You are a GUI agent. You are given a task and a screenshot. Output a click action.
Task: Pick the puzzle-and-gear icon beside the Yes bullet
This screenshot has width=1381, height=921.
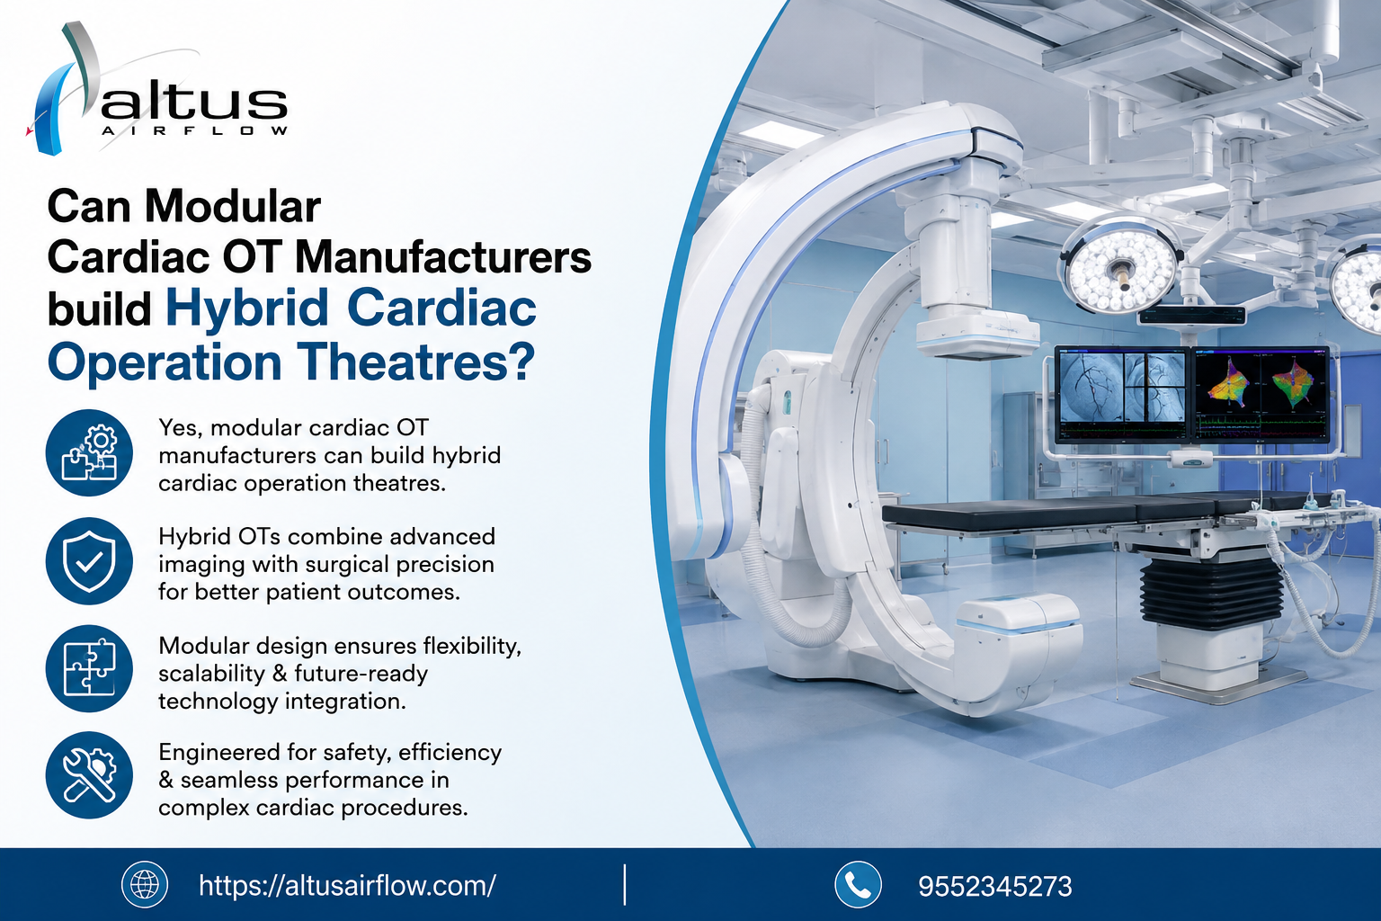(x=89, y=452)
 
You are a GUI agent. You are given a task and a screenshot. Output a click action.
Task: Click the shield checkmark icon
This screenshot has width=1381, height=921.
(x=89, y=560)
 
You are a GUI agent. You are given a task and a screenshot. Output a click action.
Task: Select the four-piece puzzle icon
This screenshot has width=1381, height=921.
(x=89, y=668)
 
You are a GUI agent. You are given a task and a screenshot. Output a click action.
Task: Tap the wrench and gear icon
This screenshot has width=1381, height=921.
(x=89, y=775)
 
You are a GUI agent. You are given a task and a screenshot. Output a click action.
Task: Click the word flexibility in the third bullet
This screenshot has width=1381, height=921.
(x=472, y=647)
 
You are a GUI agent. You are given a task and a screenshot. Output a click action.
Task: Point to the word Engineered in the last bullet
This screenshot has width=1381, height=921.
(x=218, y=753)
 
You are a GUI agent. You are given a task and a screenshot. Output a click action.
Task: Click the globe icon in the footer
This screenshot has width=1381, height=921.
(x=145, y=885)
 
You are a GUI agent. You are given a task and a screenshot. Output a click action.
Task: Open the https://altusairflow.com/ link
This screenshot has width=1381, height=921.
(x=347, y=886)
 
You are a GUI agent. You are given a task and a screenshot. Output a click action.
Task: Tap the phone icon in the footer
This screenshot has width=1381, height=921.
(x=858, y=885)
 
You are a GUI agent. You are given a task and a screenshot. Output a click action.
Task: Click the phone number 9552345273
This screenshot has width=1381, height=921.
(x=995, y=887)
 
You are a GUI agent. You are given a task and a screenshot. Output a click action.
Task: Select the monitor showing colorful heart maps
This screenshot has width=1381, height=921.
(x=1261, y=394)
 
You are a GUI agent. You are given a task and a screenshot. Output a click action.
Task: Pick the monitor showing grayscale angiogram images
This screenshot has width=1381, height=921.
(x=1121, y=395)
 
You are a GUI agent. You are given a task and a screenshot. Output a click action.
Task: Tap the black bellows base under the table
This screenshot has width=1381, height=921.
(x=1212, y=592)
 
